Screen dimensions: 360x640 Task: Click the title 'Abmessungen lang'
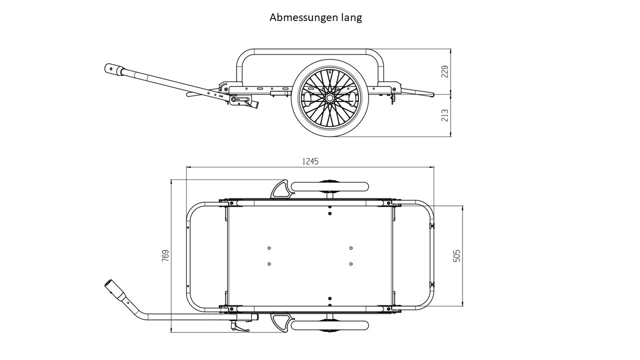point(315,17)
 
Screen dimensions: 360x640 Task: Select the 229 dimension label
point(444,71)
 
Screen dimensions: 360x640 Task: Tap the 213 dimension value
point(444,115)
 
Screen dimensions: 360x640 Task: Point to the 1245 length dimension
point(310,161)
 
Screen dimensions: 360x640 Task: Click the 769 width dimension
point(165,255)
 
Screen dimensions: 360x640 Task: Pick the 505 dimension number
point(456,255)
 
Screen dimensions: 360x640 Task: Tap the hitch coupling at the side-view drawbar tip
point(114,69)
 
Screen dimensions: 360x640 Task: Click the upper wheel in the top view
point(330,186)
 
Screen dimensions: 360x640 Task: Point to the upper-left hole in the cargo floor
point(269,248)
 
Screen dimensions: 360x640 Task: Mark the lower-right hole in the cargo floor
point(351,263)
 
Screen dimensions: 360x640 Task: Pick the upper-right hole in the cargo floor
point(351,248)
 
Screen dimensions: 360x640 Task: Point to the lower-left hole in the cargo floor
point(269,263)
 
